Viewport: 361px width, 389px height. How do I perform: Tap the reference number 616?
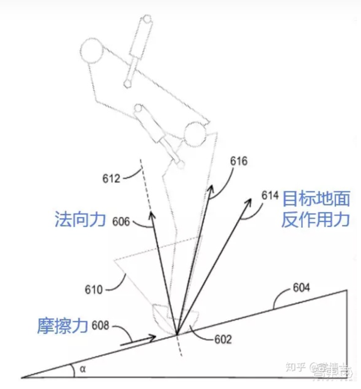pyautogui.click(x=239, y=161)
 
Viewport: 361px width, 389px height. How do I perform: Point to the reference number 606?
pyautogui.click(x=121, y=221)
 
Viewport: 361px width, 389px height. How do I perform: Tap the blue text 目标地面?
pyautogui.click(x=316, y=199)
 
